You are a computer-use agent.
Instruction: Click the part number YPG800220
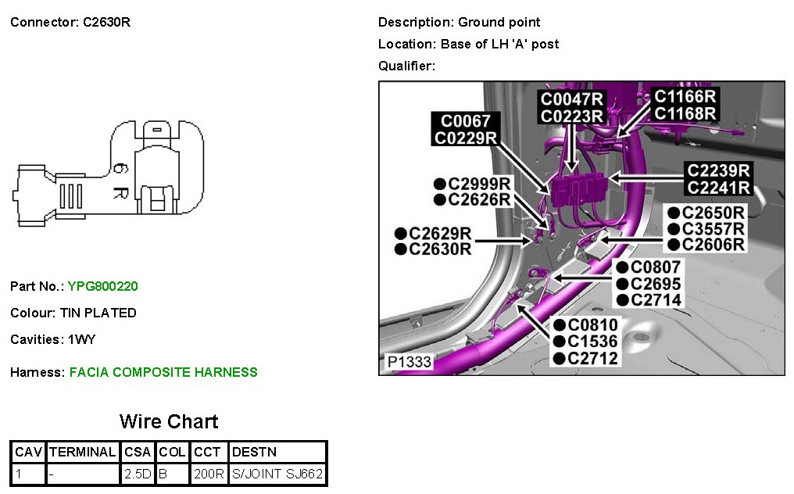coord(102,287)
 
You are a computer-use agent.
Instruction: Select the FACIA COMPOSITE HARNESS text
coord(163,373)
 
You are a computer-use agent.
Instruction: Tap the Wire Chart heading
coord(169,422)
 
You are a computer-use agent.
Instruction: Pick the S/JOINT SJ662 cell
coord(277,474)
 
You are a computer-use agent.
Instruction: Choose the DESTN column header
coord(255,452)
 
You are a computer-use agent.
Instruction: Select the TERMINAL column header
coord(83,452)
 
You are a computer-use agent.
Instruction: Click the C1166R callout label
coord(685,96)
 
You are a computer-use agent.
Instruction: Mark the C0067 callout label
coord(466,121)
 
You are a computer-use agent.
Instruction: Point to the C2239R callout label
coord(718,170)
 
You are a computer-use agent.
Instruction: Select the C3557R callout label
coord(713,228)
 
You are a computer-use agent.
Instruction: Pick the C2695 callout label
coord(655,284)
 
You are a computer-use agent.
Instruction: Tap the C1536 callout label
coord(592,342)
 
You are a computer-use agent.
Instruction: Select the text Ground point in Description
coord(499,23)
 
